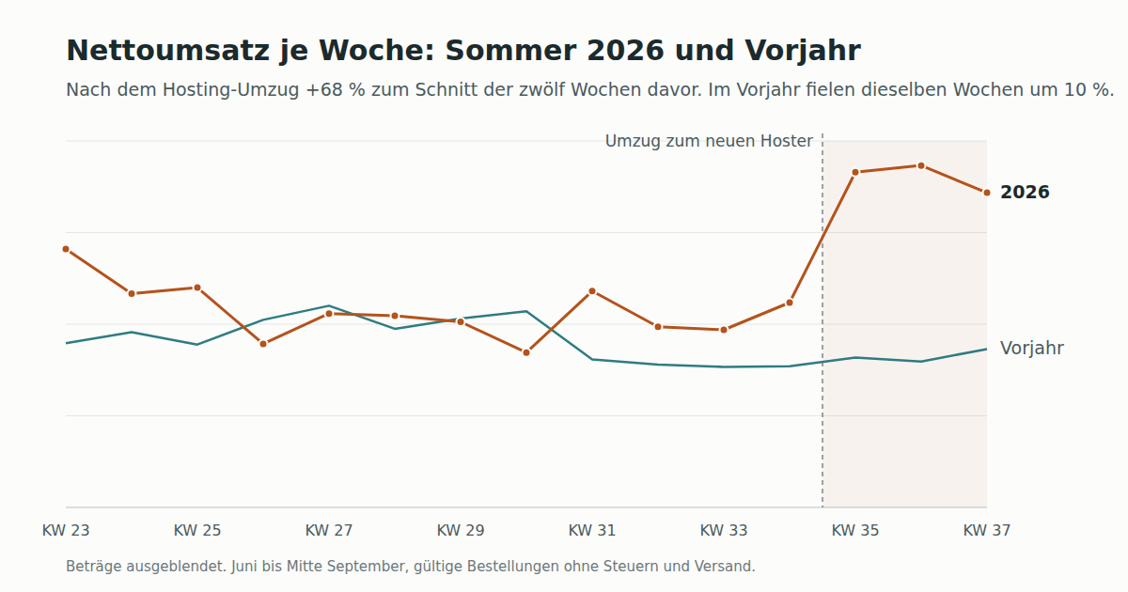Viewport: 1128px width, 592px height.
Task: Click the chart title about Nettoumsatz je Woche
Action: pyautogui.click(x=463, y=51)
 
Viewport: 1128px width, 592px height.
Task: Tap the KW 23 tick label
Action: pyautogui.click(x=66, y=530)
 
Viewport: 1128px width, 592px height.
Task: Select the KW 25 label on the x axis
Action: pyautogui.click(x=197, y=530)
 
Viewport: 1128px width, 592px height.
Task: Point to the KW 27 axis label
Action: pyautogui.click(x=329, y=530)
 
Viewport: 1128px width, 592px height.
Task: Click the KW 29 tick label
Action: pyautogui.click(x=461, y=530)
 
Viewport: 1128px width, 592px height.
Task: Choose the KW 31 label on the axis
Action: pyautogui.click(x=592, y=530)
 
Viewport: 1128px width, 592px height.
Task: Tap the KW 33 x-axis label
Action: pyautogui.click(x=724, y=530)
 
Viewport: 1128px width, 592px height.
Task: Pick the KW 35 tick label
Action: pyautogui.click(x=855, y=530)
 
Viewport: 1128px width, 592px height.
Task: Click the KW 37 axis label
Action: pyautogui.click(x=986, y=530)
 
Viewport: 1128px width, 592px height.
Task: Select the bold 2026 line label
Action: pyautogui.click(x=1025, y=193)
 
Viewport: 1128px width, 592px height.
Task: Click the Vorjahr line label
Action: pyautogui.click(x=1032, y=348)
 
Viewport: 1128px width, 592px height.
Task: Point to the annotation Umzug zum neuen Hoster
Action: pyautogui.click(x=709, y=141)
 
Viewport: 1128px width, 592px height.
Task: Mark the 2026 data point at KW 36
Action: pyautogui.click(x=921, y=165)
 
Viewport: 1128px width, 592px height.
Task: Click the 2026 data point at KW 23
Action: pyautogui.click(x=66, y=249)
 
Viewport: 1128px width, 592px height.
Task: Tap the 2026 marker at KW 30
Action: pyautogui.click(x=526, y=353)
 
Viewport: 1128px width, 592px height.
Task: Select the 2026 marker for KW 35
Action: pyautogui.click(x=855, y=173)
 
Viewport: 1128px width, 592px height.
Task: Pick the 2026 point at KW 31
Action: pyautogui.click(x=592, y=291)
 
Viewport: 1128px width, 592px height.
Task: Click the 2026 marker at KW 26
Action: pyautogui.click(x=263, y=344)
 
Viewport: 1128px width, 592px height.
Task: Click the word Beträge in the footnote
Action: pyautogui.click(x=95, y=567)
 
